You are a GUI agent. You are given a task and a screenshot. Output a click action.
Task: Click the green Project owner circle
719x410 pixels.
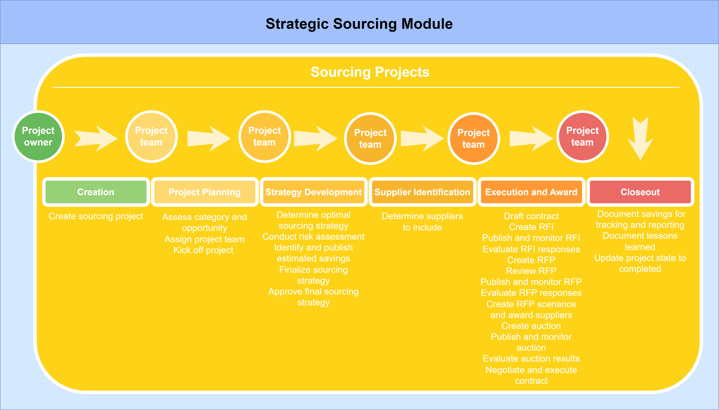pyautogui.click(x=38, y=137)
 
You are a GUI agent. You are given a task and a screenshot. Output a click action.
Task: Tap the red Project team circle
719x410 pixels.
pyautogui.click(x=583, y=137)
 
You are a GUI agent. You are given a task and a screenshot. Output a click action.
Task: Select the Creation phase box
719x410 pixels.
pyautogui.click(x=96, y=192)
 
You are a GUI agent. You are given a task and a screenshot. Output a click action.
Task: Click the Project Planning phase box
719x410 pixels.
pyautogui.click(x=205, y=192)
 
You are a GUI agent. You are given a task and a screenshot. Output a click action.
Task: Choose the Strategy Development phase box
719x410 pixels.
pyautogui.click(x=314, y=192)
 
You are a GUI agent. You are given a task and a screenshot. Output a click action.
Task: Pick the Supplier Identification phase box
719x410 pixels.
pyautogui.click(x=422, y=192)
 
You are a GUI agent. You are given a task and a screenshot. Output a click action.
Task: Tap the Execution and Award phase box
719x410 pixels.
pyautogui.click(x=531, y=192)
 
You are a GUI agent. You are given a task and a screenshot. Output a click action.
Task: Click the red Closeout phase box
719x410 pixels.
pyautogui.click(x=640, y=192)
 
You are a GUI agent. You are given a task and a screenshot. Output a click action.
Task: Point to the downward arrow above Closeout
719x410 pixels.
pyautogui.click(x=640, y=139)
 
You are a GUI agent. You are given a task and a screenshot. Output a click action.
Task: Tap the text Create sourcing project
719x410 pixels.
pyautogui.click(x=96, y=216)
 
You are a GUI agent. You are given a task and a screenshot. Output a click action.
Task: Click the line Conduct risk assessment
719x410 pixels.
pyautogui.click(x=314, y=237)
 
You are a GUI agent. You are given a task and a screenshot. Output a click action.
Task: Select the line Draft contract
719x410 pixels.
pyautogui.click(x=531, y=216)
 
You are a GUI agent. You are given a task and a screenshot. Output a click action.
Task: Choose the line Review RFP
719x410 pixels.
pyautogui.click(x=531, y=271)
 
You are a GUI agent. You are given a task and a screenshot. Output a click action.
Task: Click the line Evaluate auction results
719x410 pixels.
pyautogui.click(x=531, y=358)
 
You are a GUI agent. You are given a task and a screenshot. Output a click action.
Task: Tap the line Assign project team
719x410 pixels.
pyautogui.click(x=205, y=239)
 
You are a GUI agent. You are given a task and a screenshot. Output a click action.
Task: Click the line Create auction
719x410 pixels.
pyautogui.click(x=531, y=326)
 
